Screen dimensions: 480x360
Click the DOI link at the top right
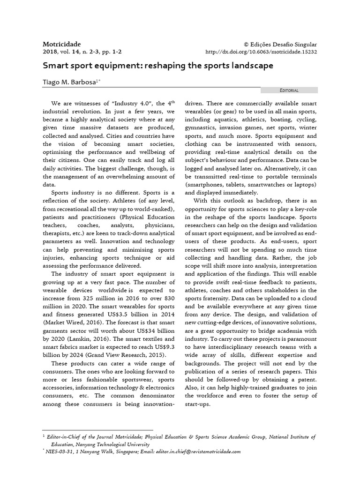(x=262, y=52)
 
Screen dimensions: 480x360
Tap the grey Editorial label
(x=289, y=90)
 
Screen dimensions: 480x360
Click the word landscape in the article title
(x=250, y=66)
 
